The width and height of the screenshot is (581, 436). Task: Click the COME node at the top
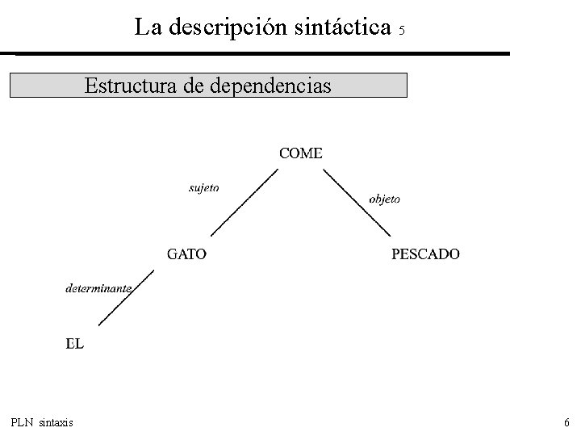pyautogui.click(x=300, y=153)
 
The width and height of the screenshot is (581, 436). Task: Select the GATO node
pyautogui.click(x=186, y=254)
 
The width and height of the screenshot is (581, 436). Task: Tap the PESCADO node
pyautogui.click(x=425, y=254)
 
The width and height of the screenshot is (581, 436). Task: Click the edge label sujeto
pyautogui.click(x=203, y=188)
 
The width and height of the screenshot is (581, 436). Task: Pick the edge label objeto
pyautogui.click(x=384, y=198)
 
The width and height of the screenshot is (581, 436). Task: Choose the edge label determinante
pyautogui.click(x=98, y=287)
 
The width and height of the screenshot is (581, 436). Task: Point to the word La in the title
pyautogui.click(x=147, y=27)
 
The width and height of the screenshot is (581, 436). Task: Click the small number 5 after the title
pyautogui.click(x=402, y=31)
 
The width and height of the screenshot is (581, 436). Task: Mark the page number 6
pyautogui.click(x=566, y=422)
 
